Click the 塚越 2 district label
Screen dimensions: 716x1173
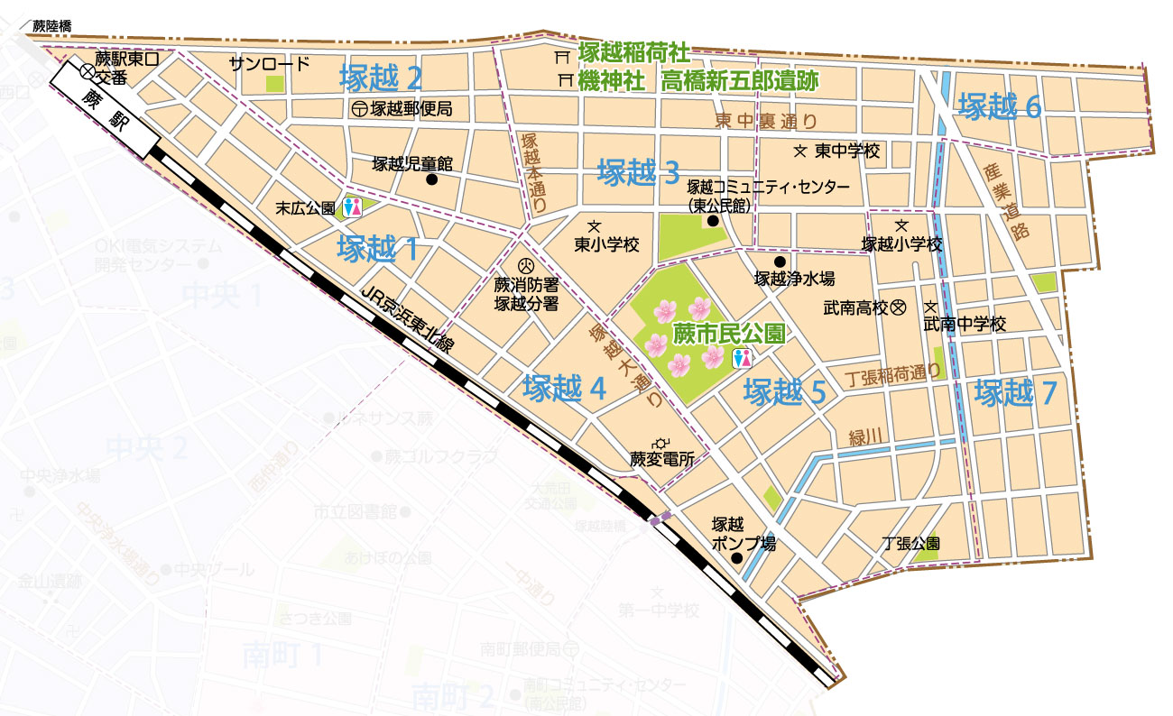coord(381,79)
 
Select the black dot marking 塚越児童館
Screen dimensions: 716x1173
coord(431,180)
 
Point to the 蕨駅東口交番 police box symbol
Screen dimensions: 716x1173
coord(87,70)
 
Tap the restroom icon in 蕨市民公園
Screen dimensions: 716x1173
coord(744,358)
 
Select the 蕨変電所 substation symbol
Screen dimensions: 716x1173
coord(663,442)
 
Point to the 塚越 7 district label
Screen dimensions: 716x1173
coord(1014,393)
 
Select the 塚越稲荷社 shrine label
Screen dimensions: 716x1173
coord(637,54)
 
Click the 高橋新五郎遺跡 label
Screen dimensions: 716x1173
coord(740,81)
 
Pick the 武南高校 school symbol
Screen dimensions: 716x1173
coord(898,308)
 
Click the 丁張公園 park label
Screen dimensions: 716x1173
coord(911,544)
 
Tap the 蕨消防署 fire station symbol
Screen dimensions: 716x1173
coord(527,267)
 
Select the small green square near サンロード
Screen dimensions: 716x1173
coord(274,83)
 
